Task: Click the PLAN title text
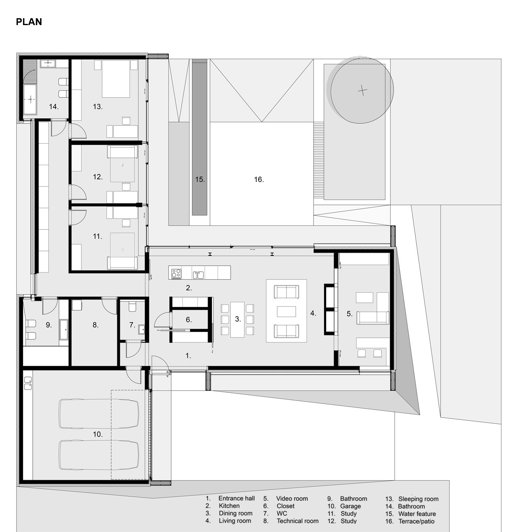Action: (x=29, y=22)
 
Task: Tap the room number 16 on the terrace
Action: (x=259, y=179)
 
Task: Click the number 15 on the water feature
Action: (x=200, y=179)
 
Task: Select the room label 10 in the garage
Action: (x=98, y=434)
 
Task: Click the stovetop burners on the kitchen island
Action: (x=176, y=274)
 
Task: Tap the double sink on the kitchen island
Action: (x=198, y=275)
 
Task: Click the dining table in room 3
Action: (x=238, y=319)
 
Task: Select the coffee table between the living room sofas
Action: (x=286, y=311)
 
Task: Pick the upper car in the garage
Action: (x=99, y=413)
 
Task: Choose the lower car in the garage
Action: (x=99, y=455)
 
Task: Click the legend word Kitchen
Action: (x=229, y=506)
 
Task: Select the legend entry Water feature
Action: (x=417, y=514)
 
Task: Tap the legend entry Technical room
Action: (x=297, y=521)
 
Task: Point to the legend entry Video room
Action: (x=292, y=499)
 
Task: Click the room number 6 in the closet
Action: (x=189, y=320)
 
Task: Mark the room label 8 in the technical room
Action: (x=96, y=325)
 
